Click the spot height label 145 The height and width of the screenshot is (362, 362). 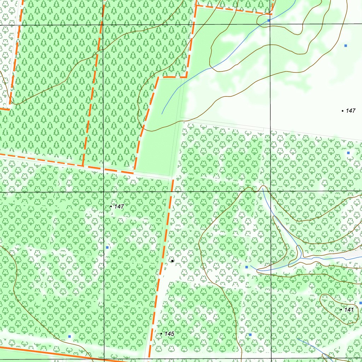(169, 334)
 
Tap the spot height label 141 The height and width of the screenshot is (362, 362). (349, 310)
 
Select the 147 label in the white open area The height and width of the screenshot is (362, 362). (350, 111)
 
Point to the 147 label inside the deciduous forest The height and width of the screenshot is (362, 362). (119, 206)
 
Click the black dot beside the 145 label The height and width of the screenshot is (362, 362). (162, 334)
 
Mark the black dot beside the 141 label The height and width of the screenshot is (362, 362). (341, 310)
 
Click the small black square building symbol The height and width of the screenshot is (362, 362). (172, 261)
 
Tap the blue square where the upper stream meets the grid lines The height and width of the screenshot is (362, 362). (269, 21)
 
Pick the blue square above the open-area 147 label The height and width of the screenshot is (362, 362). (346, 46)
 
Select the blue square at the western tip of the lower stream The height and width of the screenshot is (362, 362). (246, 267)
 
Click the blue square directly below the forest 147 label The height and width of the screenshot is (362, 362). (107, 247)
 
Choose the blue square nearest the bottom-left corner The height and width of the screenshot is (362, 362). (70, 336)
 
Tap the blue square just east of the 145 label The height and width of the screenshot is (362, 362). (250, 334)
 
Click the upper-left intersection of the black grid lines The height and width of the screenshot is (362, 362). (104, 25)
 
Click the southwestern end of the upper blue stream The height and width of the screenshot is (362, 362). (162, 113)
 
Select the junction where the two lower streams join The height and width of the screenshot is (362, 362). (300, 259)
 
